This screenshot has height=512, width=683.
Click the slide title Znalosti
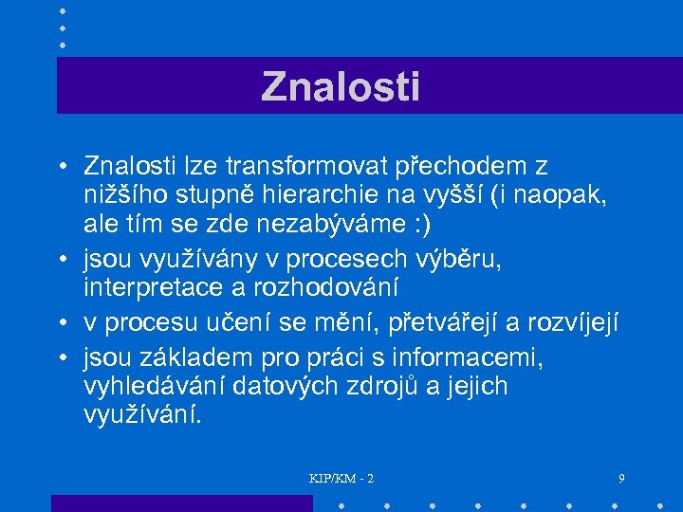click(x=341, y=86)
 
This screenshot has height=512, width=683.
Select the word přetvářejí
click(x=450, y=324)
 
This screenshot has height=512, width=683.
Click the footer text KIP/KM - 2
click(x=341, y=479)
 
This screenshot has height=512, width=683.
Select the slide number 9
click(x=620, y=479)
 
